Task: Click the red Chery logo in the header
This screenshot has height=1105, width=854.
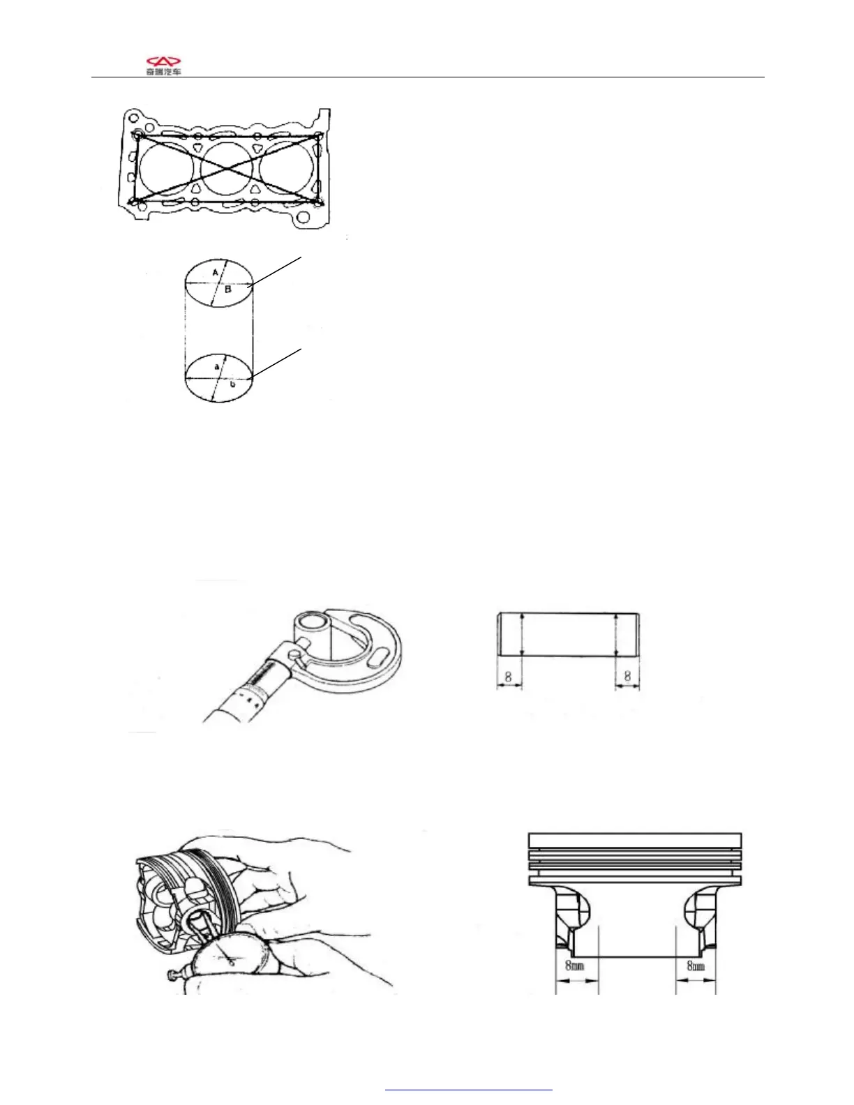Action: pos(163,61)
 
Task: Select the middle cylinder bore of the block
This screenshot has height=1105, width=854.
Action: pos(226,168)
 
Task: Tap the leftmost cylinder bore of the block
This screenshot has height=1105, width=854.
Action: pos(165,168)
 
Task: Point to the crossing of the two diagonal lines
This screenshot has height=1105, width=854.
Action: pos(227,168)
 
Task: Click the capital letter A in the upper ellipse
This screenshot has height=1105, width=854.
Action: pos(215,272)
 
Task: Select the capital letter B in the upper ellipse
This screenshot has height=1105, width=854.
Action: pos(228,290)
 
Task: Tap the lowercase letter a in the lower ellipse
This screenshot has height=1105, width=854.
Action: pos(216,366)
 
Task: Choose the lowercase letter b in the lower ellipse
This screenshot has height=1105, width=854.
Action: pos(232,384)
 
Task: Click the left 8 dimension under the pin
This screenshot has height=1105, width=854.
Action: pos(509,676)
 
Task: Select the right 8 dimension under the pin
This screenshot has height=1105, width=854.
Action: pos(627,676)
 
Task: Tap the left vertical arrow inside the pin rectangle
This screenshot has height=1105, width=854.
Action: pos(522,635)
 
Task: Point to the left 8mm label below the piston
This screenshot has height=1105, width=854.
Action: pos(574,966)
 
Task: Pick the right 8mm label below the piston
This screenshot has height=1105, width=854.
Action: pos(696,966)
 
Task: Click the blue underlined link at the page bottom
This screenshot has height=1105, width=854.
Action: pos(468,1089)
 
